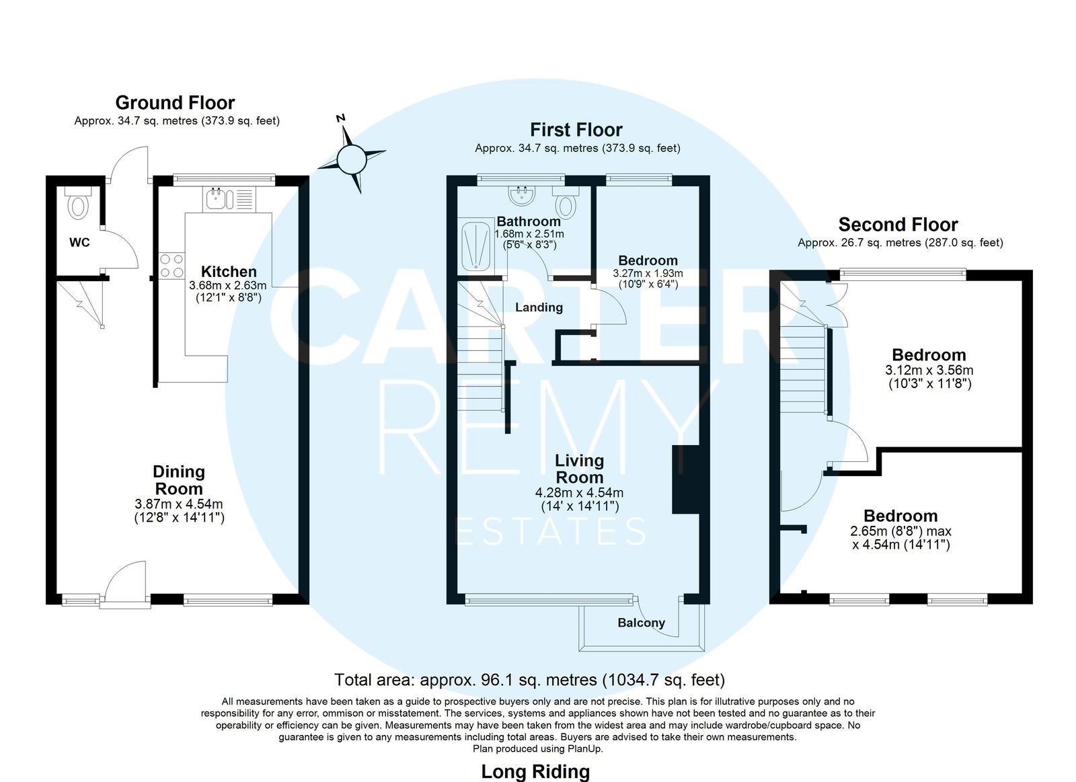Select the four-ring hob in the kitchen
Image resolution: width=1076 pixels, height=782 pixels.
(171, 266)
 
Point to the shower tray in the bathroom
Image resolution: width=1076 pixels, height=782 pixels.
(475, 246)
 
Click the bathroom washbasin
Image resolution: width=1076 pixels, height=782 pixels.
(521, 196)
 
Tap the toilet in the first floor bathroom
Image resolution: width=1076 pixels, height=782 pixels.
(566, 202)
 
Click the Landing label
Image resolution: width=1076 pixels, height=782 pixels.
(539, 307)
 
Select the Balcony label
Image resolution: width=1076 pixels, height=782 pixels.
(642, 623)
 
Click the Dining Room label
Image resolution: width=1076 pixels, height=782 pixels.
(179, 480)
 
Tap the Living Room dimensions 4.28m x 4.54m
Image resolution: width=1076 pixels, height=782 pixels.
(579, 493)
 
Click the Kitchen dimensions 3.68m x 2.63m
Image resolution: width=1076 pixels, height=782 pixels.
(228, 285)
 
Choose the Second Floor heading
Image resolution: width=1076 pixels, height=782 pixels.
(898, 225)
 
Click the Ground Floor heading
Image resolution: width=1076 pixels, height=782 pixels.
(175, 103)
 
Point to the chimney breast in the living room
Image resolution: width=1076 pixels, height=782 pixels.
(685, 480)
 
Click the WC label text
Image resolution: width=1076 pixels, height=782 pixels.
(79, 243)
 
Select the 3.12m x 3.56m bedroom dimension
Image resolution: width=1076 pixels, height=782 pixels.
(929, 370)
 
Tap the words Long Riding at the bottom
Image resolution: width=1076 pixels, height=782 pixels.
(535, 772)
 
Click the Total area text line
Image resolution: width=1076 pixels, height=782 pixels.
(529, 680)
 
